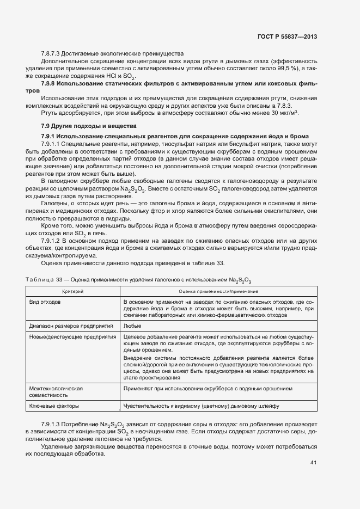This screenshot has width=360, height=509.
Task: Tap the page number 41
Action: (x=313, y=463)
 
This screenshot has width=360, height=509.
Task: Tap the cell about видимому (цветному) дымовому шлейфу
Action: (x=201, y=406)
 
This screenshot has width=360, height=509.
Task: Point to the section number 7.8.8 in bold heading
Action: (x=49, y=83)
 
